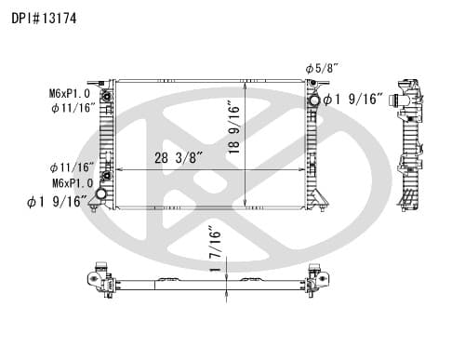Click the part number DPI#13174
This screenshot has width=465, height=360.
click(x=44, y=19)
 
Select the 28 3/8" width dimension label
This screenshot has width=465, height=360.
click(x=179, y=157)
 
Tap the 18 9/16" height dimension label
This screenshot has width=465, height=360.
click(x=234, y=127)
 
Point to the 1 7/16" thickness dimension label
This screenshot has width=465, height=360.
click(x=216, y=248)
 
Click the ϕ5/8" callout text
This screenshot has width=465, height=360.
click(x=321, y=68)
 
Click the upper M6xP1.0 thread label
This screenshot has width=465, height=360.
click(x=70, y=93)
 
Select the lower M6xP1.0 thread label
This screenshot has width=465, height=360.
click(x=73, y=183)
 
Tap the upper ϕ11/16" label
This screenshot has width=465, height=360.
click(x=73, y=108)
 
